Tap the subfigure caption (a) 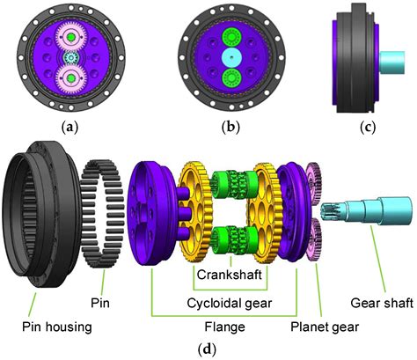pos(68,126)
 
